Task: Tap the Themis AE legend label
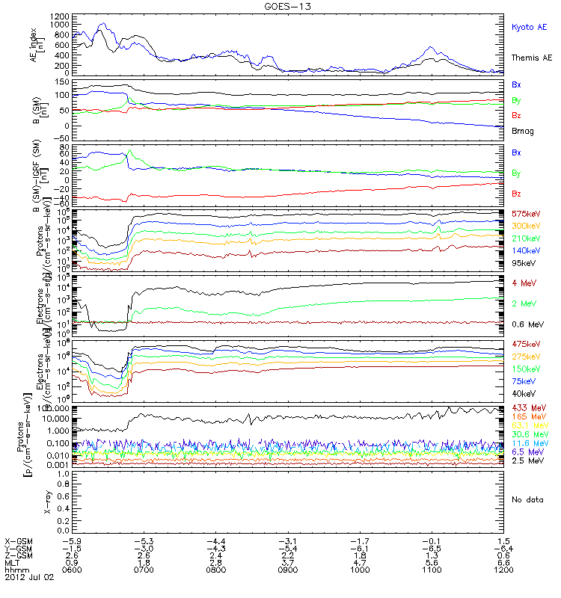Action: (532, 57)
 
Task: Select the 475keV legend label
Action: (527, 344)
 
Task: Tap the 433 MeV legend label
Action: (526, 407)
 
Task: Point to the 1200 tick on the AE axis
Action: (40, 16)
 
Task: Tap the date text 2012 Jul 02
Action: (28, 577)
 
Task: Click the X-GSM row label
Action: (19, 540)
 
